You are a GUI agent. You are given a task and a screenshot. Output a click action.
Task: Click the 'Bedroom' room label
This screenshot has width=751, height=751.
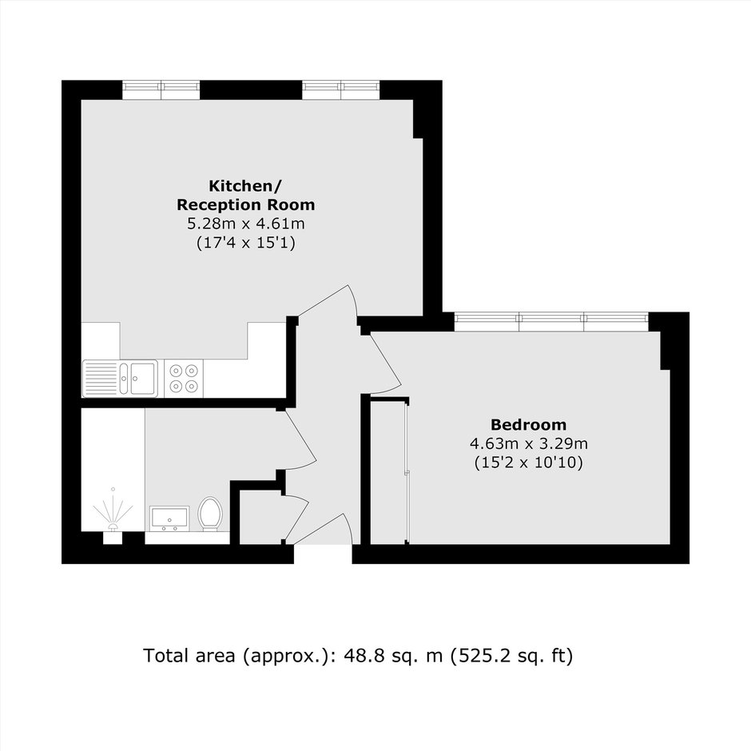tap(528, 424)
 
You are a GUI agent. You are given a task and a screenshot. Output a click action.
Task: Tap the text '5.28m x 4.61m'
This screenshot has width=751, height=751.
tap(246, 224)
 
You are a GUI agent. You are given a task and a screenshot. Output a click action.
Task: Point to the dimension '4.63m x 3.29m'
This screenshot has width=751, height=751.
tap(529, 443)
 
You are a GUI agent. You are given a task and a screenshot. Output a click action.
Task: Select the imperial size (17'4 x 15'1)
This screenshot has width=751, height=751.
tap(246, 243)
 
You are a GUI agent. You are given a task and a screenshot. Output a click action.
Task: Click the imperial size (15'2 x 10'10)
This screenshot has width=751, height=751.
tap(529, 463)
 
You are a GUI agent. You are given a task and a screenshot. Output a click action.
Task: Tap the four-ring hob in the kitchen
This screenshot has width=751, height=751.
tap(184, 379)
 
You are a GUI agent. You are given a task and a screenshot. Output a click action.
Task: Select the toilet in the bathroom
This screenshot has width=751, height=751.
tap(210, 514)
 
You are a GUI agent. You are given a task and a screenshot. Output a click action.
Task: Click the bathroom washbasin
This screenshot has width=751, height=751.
tap(169, 519)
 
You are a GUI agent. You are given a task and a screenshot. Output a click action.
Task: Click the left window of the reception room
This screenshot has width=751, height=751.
tap(161, 90)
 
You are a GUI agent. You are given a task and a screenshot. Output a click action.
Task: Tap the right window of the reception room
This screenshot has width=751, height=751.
tap(341, 90)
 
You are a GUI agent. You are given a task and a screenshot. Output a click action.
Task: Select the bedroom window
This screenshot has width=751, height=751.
tap(551, 321)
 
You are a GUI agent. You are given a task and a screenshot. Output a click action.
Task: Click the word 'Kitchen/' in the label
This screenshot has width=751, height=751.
tap(246, 185)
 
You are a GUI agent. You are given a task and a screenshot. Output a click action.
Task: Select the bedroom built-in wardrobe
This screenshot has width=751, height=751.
tap(389, 471)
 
